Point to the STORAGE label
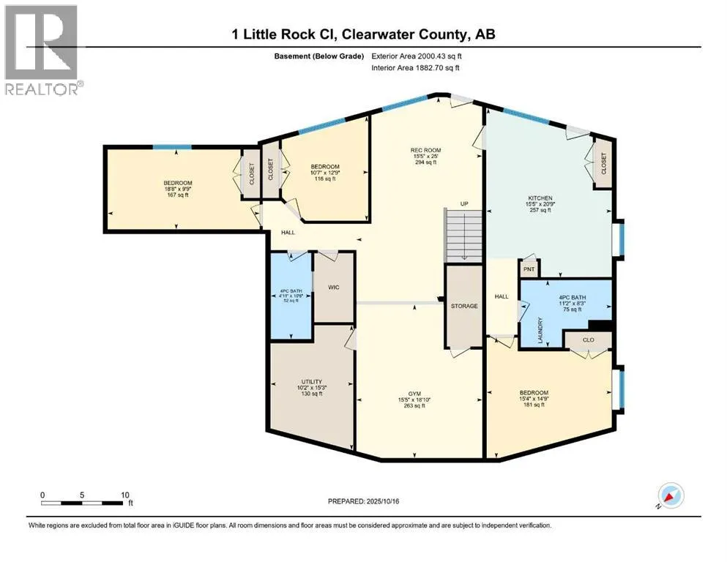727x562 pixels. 464,306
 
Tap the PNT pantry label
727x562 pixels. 529,269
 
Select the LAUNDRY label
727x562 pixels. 541,331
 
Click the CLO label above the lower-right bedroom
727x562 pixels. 588,340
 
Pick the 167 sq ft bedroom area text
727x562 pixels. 178,195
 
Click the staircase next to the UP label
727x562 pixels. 464,234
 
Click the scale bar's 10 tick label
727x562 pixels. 124,495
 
